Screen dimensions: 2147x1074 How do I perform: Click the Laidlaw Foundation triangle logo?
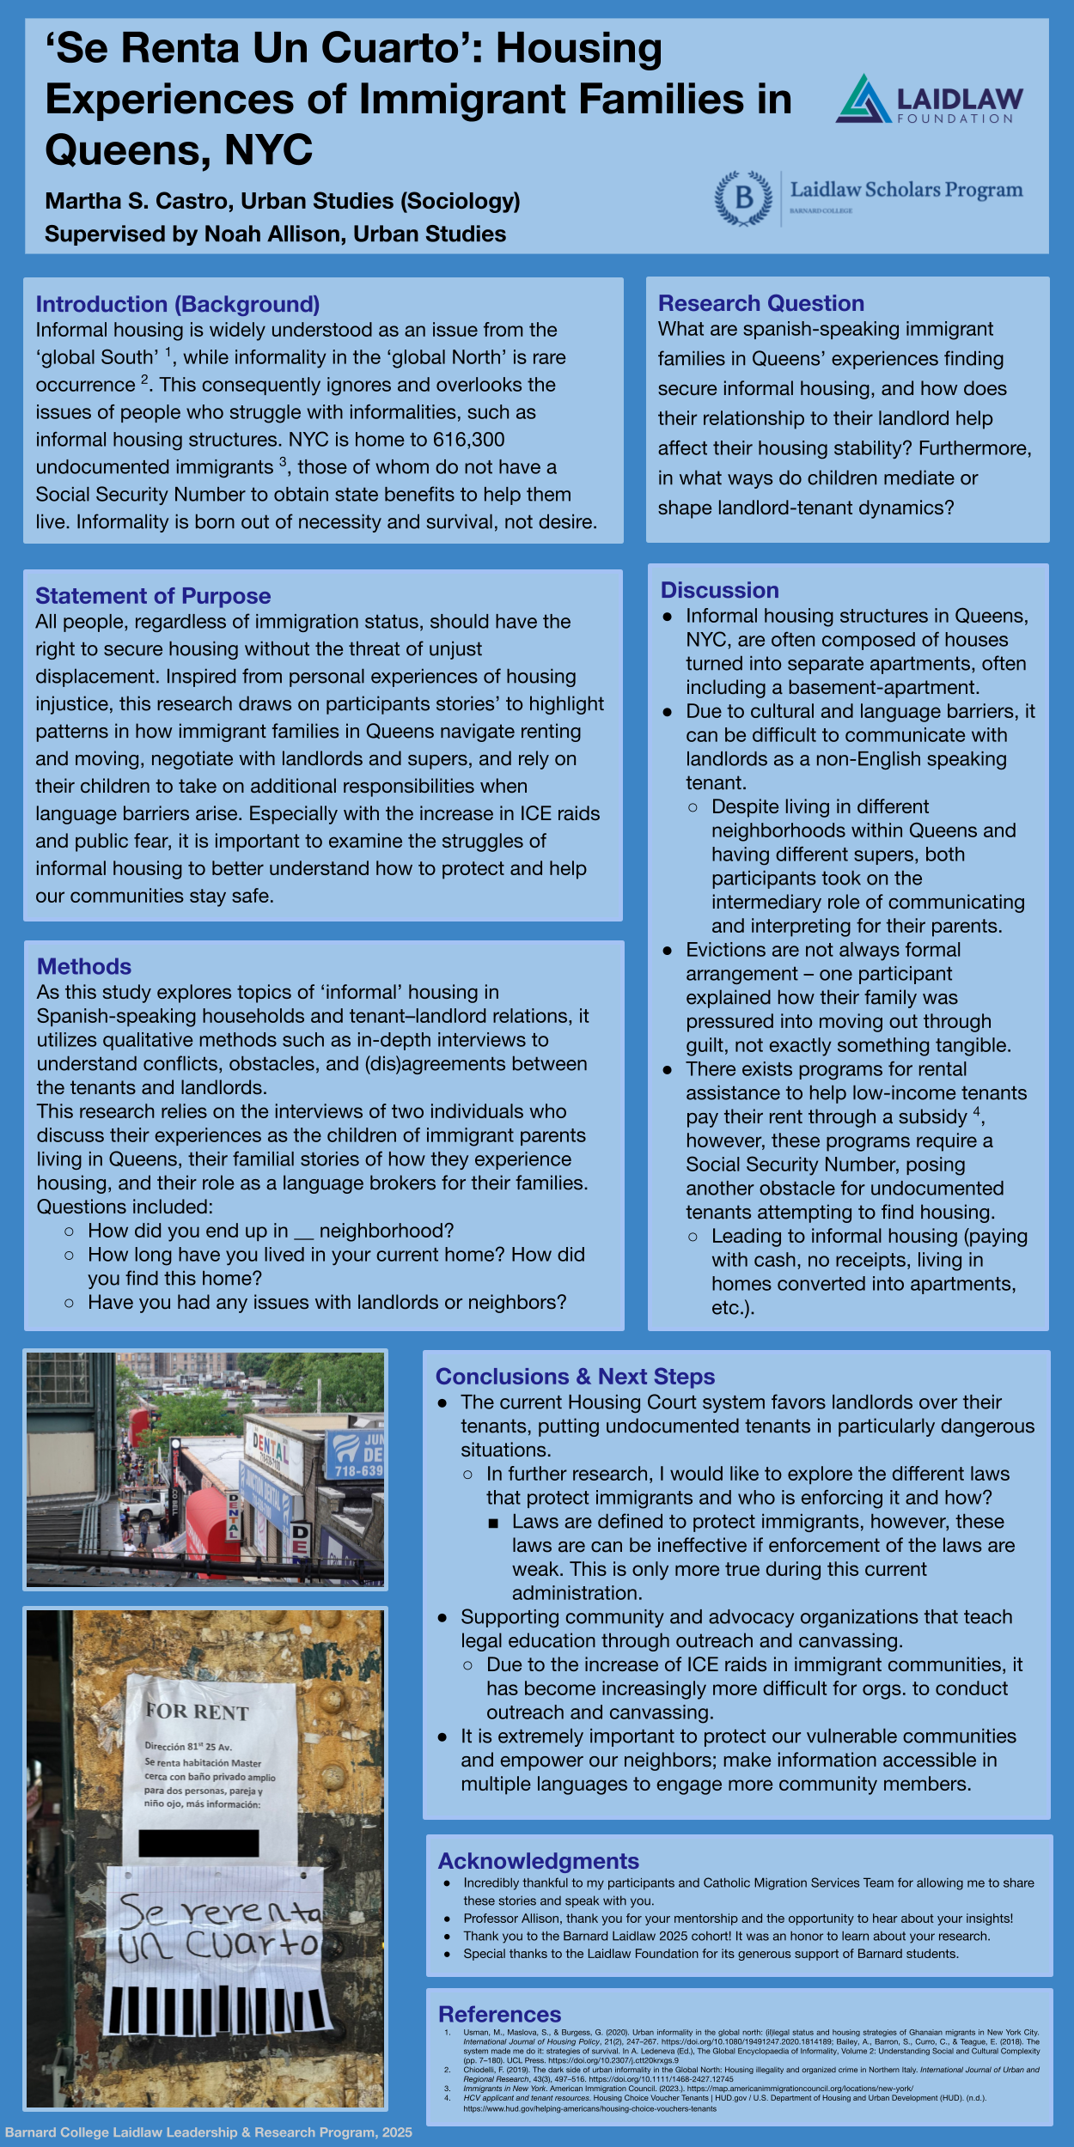click(863, 99)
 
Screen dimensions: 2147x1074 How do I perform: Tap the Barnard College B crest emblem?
click(743, 198)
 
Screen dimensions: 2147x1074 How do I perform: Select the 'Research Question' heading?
click(760, 303)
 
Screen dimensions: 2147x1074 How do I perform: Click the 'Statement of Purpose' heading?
click(153, 596)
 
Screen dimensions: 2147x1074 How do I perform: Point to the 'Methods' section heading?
click(84, 966)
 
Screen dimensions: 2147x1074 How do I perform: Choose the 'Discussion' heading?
click(719, 590)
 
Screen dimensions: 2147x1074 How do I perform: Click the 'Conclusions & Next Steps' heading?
click(575, 1377)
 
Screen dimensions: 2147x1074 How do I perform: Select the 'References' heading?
click(499, 2014)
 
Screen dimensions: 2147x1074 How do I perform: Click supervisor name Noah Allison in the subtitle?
click(275, 234)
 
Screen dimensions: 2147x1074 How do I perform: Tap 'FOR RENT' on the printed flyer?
click(197, 1712)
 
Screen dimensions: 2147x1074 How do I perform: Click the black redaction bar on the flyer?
click(198, 1843)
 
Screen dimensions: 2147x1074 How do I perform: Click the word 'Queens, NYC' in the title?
click(179, 150)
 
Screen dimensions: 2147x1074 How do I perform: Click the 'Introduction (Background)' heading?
click(177, 304)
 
